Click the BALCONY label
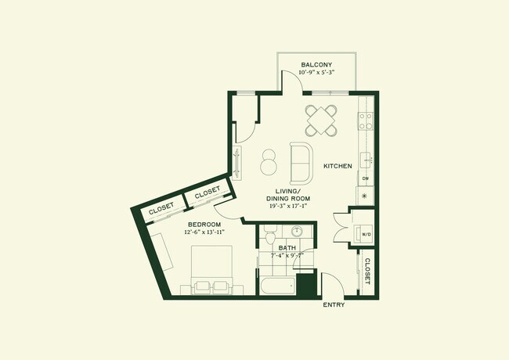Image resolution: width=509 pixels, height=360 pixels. tap(316, 64)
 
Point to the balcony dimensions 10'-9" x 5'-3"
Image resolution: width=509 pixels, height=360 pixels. tap(316, 74)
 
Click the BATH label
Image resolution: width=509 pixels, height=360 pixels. tap(286, 248)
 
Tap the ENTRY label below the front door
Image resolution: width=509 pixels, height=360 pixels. tap(334, 304)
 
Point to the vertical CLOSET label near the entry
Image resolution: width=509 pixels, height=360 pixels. tap(366, 270)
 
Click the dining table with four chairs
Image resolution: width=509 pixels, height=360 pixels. tap(322, 121)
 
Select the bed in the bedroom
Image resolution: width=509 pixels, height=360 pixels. tap(211, 270)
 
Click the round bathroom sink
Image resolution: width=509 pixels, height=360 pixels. tap(298, 232)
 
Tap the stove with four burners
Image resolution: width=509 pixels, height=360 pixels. tap(365, 121)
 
